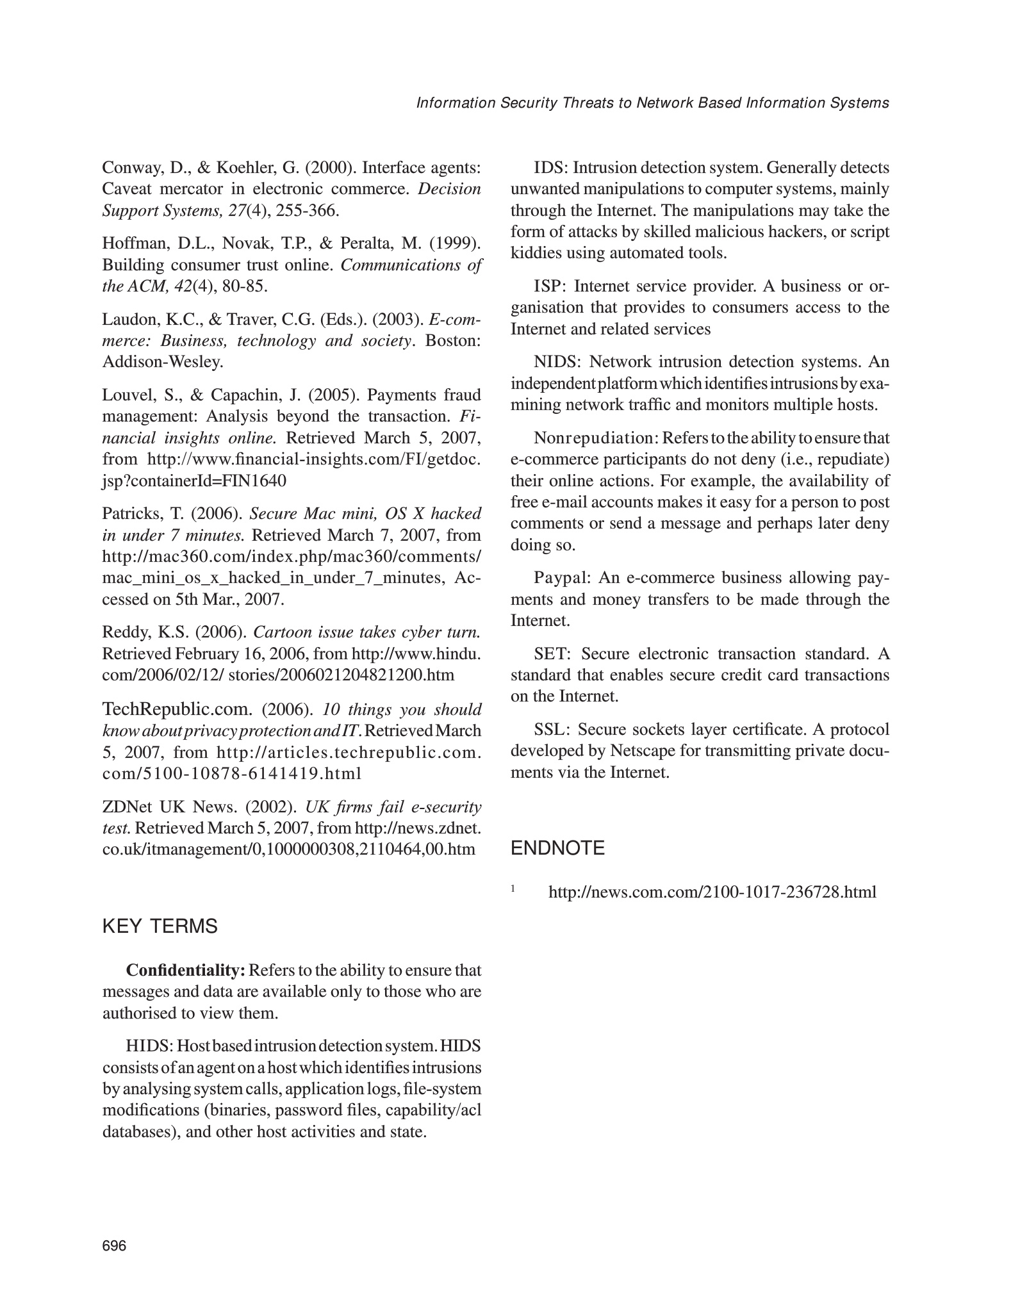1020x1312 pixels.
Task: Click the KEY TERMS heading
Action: (x=160, y=927)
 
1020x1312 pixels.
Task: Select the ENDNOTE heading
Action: (x=557, y=848)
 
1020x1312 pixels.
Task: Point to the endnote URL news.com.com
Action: (x=712, y=892)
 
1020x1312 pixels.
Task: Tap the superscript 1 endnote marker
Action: (x=513, y=888)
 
